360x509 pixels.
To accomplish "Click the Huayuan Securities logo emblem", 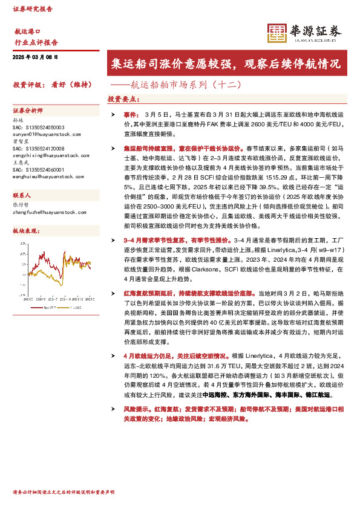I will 277,33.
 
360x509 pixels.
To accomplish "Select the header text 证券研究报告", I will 33,10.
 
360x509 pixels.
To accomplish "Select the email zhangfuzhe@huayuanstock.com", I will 50,211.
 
